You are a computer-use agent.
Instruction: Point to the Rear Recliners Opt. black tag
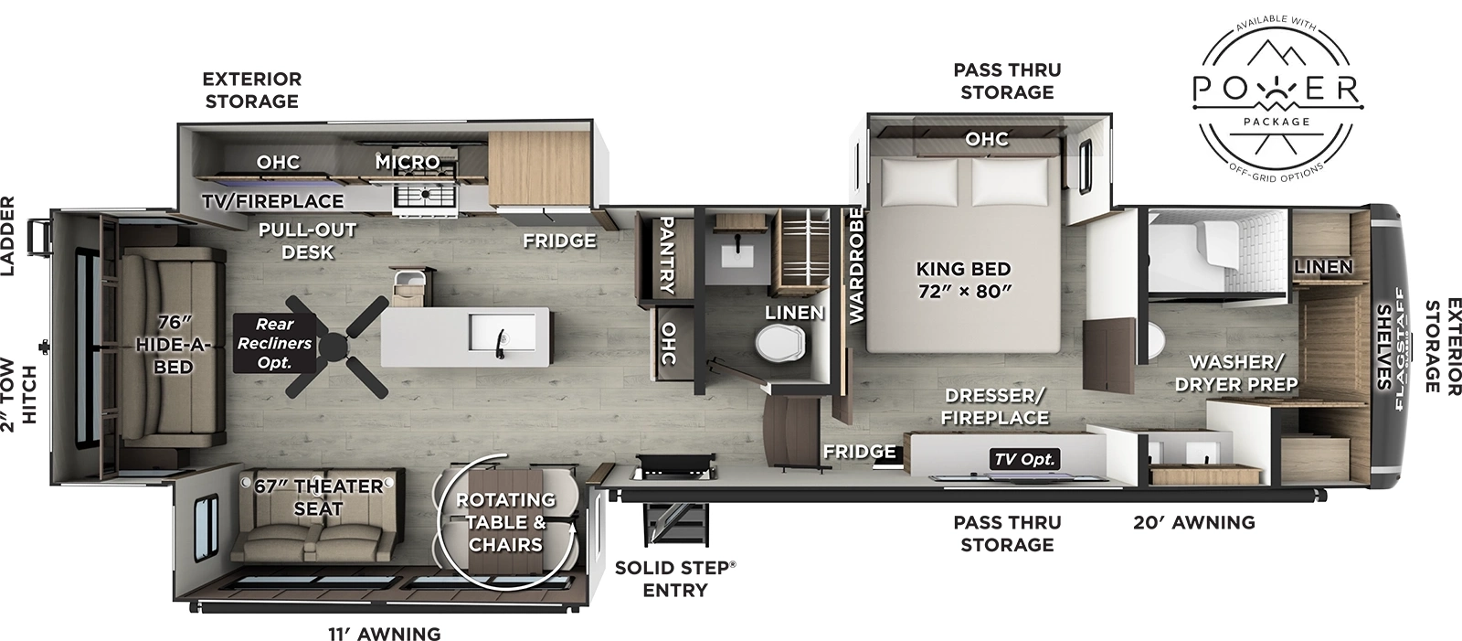[274, 343]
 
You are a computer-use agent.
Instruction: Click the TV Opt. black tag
[1025, 459]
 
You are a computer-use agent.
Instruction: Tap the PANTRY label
[666, 255]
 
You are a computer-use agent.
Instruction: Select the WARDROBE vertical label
[856, 265]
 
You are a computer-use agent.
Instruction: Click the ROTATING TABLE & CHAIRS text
[505, 522]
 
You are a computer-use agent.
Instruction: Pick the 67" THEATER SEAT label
[318, 497]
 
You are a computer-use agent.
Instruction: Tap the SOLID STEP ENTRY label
[674, 579]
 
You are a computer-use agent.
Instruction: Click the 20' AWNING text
[1193, 523]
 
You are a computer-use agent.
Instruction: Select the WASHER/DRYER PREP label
[1235, 373]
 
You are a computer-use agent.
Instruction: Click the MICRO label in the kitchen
[408, 162]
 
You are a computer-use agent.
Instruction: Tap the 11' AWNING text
[384, 634]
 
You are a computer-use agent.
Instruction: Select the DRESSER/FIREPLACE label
[996, 406]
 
